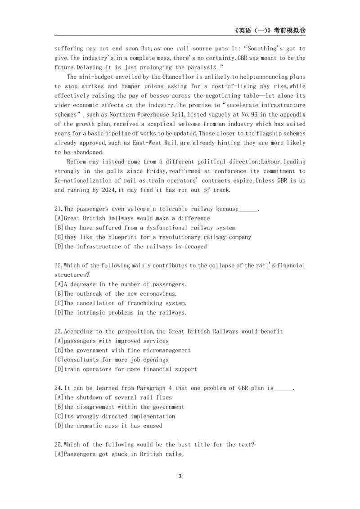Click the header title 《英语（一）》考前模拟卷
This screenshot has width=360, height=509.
pyautogui.click(x=270, y=31)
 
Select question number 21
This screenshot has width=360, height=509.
pyautogui.click(x=58, y=209)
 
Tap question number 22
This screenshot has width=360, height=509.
pyautogui.click(x=58, y=266)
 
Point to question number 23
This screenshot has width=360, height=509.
pyautogui.click(x=58, y=332)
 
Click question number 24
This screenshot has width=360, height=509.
pyautogui.click(x=58, y=388)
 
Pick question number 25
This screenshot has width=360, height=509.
pyautogui.click(x=58, y=445)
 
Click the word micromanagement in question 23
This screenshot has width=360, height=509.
pyautogui.click(x=162, y=351)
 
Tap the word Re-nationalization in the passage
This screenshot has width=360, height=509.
pyautogui.click(x=83, y=180)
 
